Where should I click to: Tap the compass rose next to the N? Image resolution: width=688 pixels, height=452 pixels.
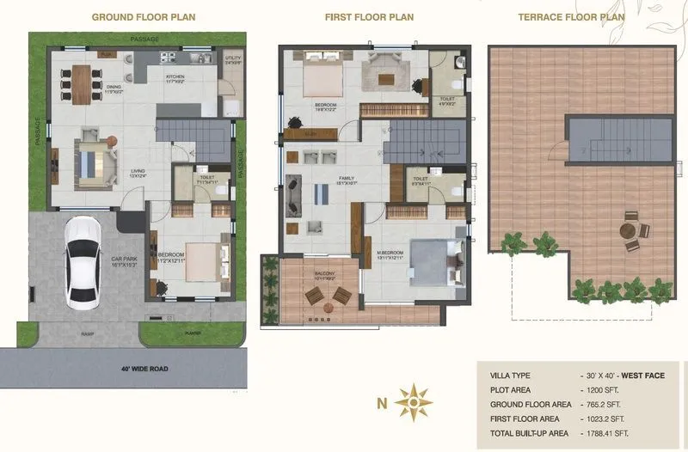pyautogui.click(x=417, y=400)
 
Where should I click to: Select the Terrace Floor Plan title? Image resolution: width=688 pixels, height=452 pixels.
pyautogui.click(x=571, y=16)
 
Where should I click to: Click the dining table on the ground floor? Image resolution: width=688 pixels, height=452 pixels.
pyautogui.click(x=82, y=84)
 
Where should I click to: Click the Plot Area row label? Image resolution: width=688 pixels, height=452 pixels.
pyautogui.click(x=509, y=390)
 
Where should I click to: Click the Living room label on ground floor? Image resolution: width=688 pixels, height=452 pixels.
pyautogui.click(x=137, y=171)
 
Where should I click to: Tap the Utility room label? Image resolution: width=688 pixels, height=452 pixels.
pyautogui.click(x=232, y=59)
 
